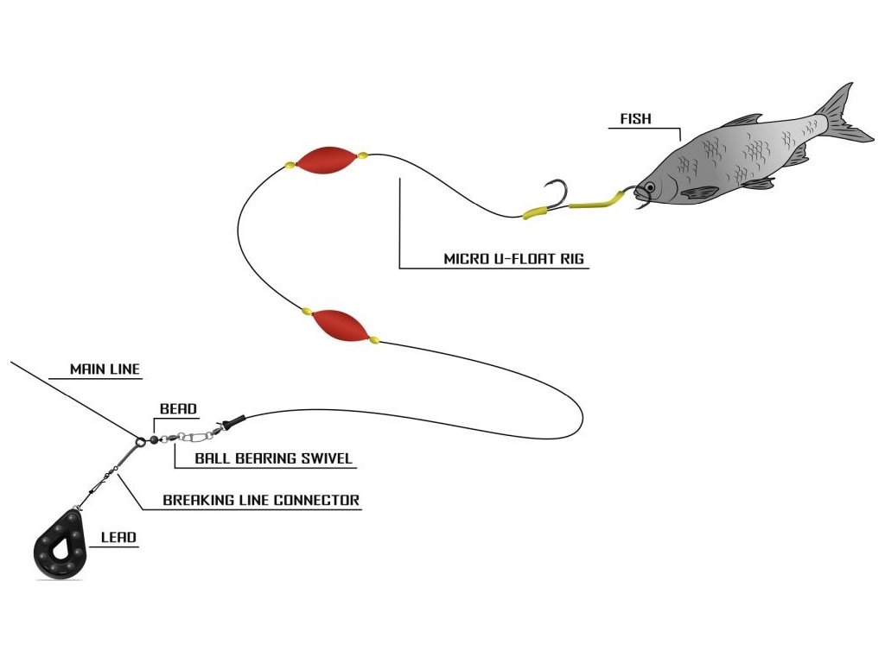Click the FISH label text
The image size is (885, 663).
pos(635,119)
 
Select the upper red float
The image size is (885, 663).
pos(326,158)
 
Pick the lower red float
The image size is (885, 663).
pos(341,325)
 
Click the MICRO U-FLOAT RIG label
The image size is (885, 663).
pos(516,258)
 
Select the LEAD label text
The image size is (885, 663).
pos(118,537)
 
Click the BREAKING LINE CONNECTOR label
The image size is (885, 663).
pos(261,500)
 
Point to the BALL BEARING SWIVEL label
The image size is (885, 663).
pos(273,458)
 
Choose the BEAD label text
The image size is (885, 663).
pos(178,408)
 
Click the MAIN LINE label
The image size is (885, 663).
pos(105,369)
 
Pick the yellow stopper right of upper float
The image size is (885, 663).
pos(363,156)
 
